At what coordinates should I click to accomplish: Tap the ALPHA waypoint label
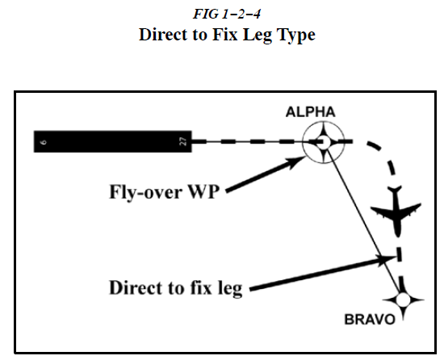pyautogui.click(x=310, y=112)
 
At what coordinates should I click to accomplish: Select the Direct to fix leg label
pyautogui.click(x=176, y=287)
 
